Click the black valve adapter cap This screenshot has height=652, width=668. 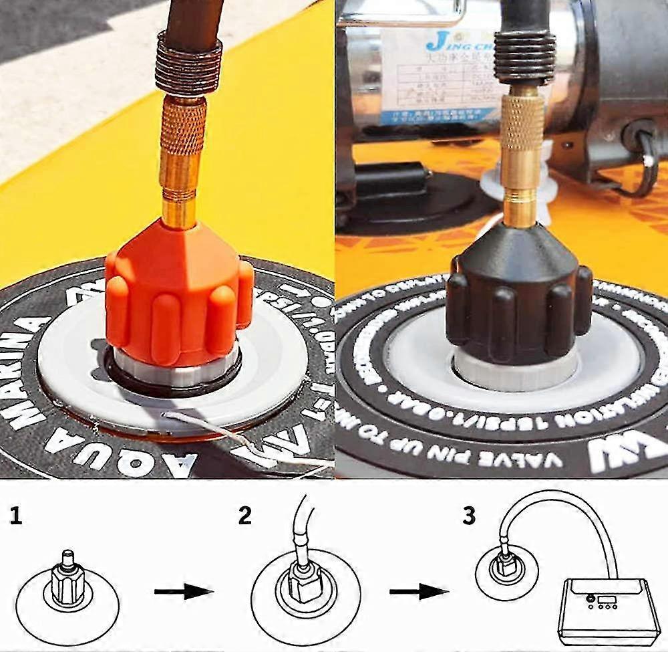518,301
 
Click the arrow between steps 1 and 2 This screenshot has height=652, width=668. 183,591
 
